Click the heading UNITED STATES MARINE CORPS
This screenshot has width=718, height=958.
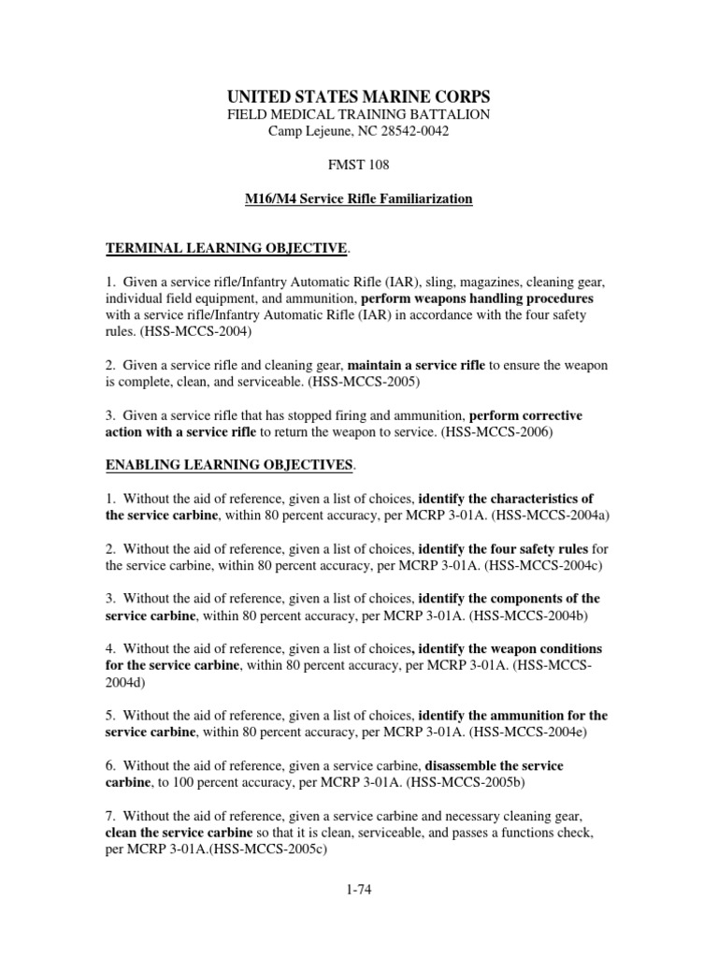click(359, 96)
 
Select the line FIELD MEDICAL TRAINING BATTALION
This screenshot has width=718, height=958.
click(359, 114)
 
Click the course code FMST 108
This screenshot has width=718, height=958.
click(359, 165)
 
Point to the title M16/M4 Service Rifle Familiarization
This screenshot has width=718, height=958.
click(359, 199)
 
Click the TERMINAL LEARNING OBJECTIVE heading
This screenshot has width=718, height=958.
click(224, 248)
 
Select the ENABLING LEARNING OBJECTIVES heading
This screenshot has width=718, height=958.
click(229, 464)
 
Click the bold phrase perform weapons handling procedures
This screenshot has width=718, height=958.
click(477, 298)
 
